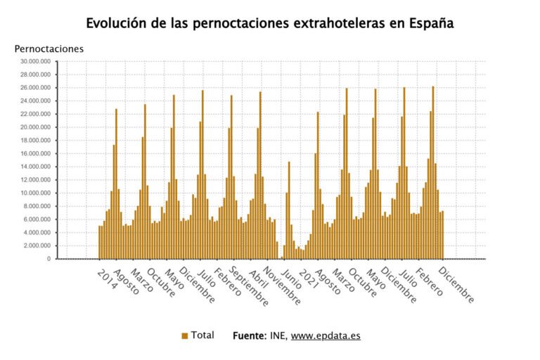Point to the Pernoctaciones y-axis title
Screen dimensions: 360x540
49,49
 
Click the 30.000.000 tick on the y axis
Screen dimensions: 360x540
34,61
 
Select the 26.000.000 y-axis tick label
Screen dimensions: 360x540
34,88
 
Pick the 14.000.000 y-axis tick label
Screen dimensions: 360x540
34,167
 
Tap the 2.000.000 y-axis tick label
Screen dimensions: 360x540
36,245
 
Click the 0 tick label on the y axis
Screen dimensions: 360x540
49,259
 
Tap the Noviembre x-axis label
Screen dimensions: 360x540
281,285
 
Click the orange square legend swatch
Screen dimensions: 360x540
184,336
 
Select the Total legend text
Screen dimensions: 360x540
202,335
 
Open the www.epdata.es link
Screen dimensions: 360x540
326,336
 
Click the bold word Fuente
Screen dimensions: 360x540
250,336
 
